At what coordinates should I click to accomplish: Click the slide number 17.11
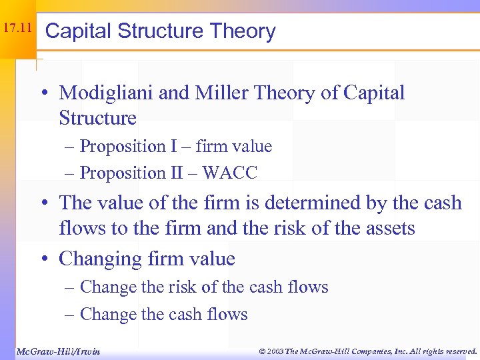click(x=17, y=29)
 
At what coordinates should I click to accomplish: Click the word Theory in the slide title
click(x=242, y=31)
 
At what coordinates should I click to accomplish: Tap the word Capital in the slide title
click(x=81, y=31)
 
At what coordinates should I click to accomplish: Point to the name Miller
click(x=225, y=93)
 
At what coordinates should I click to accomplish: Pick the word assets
click(x=385, y=229)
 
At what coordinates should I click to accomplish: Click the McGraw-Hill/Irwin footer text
click(x=57, y=351)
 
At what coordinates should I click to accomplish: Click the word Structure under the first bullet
click(x=97, y=119)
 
